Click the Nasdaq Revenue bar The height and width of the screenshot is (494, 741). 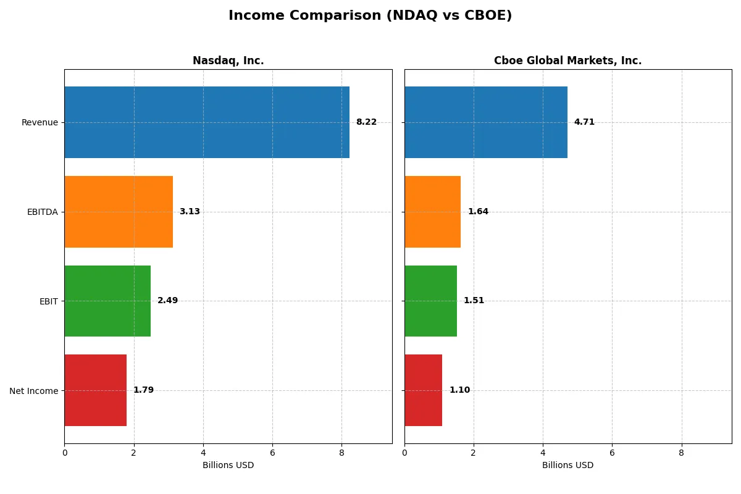(207, 122)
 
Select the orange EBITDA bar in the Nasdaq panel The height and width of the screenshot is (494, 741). (119, 212)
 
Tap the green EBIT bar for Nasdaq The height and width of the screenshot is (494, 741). (107, 301)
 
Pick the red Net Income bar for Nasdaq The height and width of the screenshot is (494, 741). (96, 390)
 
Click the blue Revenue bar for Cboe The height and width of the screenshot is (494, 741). (486, 122)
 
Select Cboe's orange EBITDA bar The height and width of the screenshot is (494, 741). (432, 212)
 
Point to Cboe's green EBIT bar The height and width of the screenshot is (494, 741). (430, 301)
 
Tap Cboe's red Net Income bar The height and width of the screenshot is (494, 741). (423, 390)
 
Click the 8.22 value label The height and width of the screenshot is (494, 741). (366, 122)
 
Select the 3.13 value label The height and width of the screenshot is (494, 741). (190, 212)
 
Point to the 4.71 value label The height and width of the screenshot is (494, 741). (584, 122)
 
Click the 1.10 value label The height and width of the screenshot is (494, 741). (459, 390)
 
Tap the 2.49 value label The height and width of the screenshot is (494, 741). (167, 301)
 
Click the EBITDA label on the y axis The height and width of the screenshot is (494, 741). (42, 212)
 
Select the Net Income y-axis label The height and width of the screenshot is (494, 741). (34, 391)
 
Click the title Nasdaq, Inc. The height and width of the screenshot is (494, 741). (228, 61)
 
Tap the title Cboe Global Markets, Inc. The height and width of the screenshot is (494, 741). (567, 61)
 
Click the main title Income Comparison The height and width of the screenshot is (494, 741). (370, 15)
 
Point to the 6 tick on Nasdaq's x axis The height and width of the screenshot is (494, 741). (272, 452)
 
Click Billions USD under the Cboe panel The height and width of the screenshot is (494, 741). (567, 466)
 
